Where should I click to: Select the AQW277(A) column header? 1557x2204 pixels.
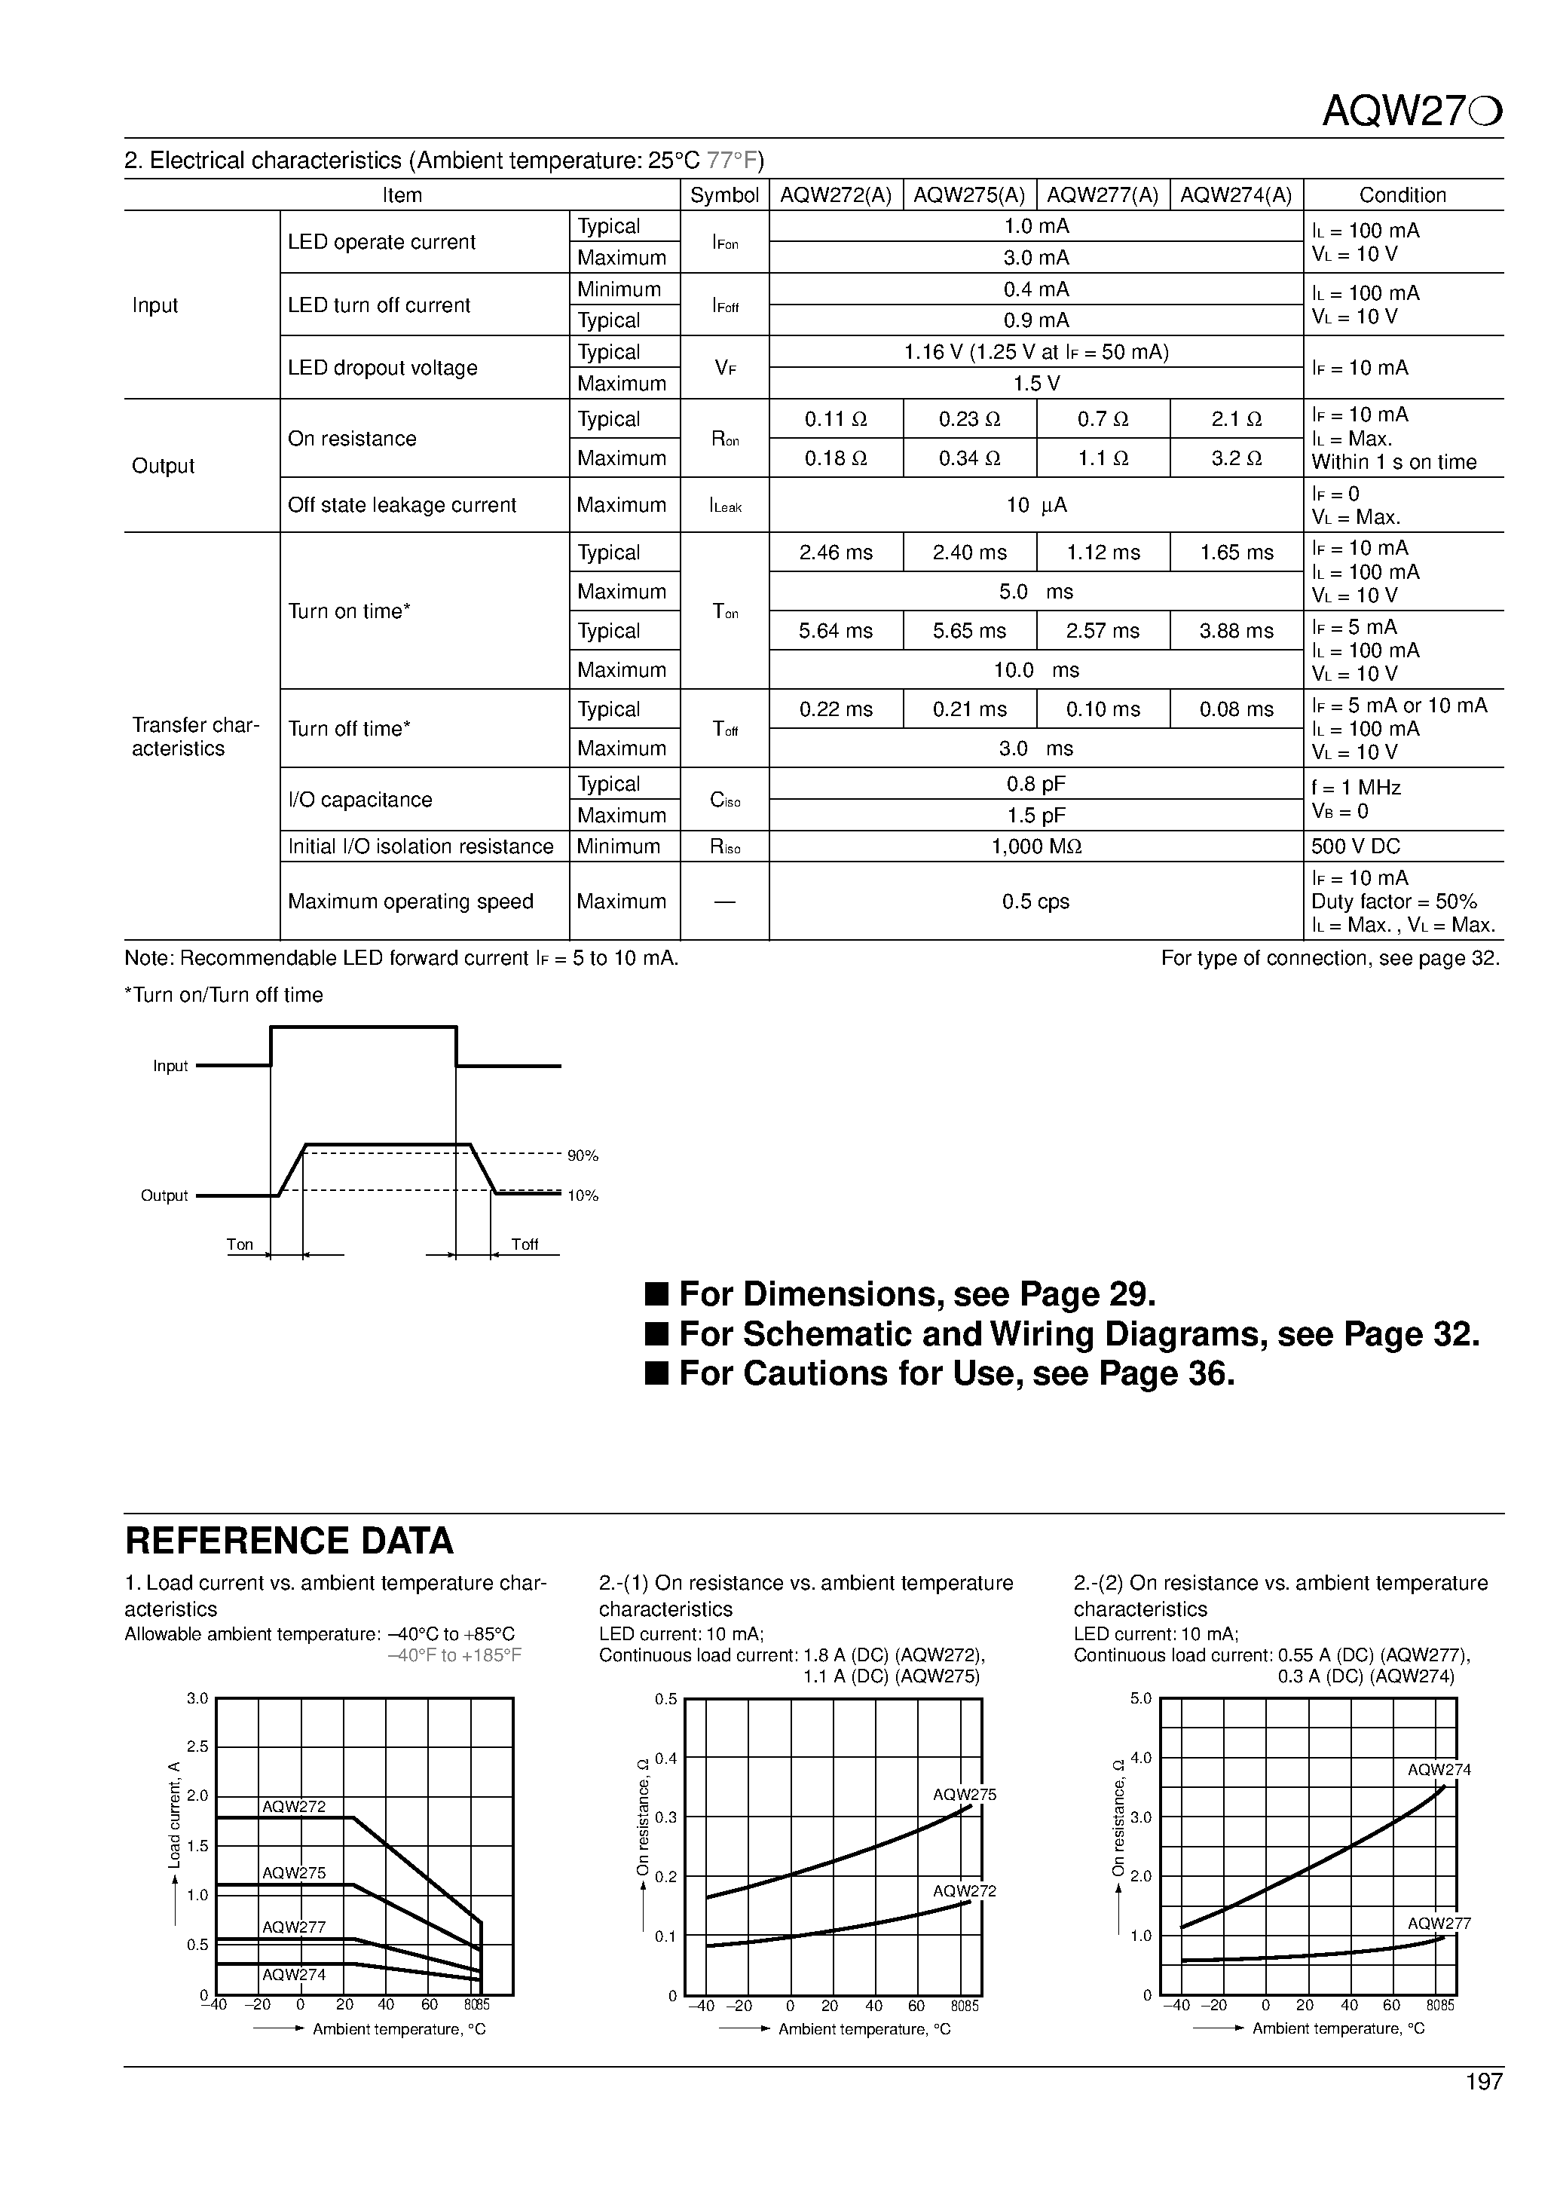point(1103,195)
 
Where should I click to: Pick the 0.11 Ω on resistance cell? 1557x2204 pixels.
point(835,420)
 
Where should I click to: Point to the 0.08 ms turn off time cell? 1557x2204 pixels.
point(1237,709)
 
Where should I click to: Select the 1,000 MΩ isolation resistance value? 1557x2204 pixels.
point(1035,846)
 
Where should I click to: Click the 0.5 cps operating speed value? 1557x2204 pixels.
point(1035,901)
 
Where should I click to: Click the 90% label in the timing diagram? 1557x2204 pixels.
point(583,1156)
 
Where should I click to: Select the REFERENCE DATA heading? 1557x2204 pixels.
point(289,1541)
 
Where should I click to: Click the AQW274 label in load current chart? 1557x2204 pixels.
point(294,1976)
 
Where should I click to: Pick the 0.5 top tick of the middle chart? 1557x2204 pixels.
point(665,1700)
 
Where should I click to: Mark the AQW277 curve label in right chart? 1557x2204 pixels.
point(1438,1924)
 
